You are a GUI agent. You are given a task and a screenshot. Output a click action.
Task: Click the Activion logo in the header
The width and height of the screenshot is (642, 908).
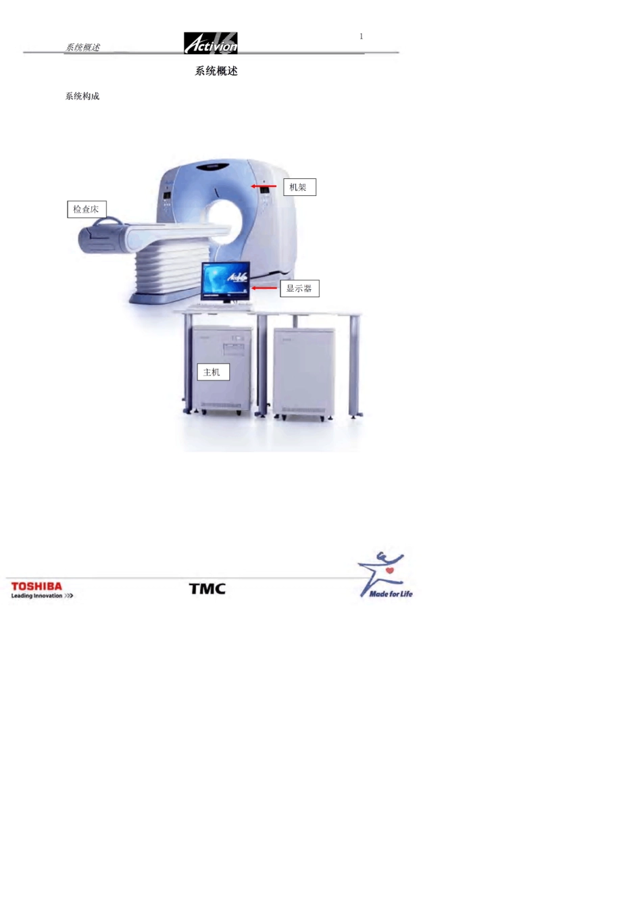[210, 43]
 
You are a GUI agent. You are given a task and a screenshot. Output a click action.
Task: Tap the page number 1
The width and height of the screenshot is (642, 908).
[361, 36]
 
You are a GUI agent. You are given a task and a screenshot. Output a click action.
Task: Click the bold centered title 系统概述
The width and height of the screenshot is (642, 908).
[216, 71]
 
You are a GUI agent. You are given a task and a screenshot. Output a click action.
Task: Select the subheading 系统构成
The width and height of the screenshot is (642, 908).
[82, 97]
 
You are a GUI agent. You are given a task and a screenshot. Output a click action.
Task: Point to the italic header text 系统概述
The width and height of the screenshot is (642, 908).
[82, 47]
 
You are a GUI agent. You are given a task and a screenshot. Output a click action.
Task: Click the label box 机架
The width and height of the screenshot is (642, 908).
[299, 187]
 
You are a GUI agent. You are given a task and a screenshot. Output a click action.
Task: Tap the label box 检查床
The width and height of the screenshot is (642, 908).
[87, 209]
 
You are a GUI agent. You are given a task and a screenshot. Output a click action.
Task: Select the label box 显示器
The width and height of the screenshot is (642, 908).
[299, 288]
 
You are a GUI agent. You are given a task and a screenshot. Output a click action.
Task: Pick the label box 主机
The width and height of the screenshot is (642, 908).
[214, 372]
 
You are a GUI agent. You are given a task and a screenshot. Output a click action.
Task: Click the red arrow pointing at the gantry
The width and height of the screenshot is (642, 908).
[264, 186]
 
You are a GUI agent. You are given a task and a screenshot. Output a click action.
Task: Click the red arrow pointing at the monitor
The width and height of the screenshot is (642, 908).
[264, 288]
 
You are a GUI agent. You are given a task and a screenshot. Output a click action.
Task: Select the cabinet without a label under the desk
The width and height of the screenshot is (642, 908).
[304, 373]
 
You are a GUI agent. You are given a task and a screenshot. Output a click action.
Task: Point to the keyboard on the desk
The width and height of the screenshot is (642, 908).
[217, 307]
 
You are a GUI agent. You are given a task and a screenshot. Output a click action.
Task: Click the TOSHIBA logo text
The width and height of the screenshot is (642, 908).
[36, 586]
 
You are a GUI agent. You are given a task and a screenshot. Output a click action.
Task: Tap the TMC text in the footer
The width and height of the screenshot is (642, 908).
[207, 589]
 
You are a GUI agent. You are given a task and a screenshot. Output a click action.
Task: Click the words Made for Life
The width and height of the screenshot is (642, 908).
[391, 594]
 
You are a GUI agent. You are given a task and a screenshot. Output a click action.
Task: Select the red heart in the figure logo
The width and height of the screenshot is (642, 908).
[390, 571]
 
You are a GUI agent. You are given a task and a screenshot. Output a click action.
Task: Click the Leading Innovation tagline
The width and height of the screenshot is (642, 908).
[42, 596]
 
